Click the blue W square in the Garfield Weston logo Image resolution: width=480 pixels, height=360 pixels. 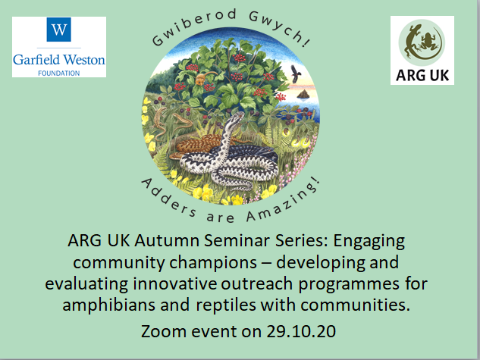tap(59, 30)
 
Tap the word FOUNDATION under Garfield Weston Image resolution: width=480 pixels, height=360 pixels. tap(59, 74)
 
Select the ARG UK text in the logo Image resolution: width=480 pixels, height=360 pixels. tap(422, 76)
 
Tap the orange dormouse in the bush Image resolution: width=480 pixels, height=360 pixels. tap(202, 78)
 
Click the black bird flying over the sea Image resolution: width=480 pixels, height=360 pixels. tap(296, 74)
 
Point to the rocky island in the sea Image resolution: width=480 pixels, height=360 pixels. tap(303, 94)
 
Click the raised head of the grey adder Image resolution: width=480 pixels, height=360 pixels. tap(238, 117)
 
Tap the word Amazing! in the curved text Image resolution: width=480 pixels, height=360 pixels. tap(284, 202)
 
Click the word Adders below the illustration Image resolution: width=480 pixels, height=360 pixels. tap(168, 199)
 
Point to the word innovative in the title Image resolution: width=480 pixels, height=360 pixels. tap(174, 283)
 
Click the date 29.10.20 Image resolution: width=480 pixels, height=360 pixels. tap(301, 331)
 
